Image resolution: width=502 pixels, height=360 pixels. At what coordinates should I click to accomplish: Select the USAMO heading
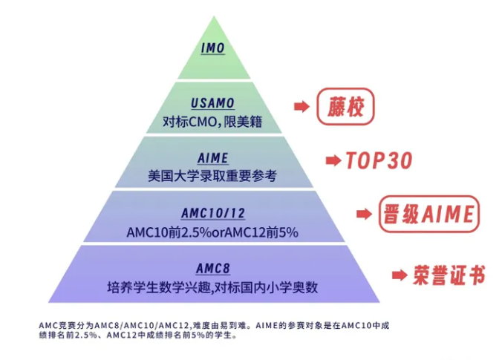click(213, 102)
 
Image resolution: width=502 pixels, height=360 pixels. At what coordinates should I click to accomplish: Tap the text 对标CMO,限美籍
click(213, 119)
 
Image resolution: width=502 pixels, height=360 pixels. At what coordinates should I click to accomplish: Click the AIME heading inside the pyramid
click(213, 158)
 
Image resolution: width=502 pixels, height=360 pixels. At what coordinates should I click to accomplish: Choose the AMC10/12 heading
click(212, 214)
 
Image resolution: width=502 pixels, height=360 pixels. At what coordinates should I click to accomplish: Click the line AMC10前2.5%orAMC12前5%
click(212, 232)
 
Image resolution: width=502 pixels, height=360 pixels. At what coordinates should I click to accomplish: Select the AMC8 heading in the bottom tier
click(212, 268)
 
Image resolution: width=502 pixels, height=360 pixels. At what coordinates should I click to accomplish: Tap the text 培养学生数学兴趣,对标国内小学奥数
click(212, 286)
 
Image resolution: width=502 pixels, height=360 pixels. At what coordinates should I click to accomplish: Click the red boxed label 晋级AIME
click(426, 214)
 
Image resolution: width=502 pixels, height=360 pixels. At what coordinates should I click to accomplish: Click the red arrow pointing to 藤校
click(301, 107)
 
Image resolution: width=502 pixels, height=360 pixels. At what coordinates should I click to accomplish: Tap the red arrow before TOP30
click(332, 160)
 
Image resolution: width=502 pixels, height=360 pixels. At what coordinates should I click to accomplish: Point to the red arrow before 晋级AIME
click(363, 214)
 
